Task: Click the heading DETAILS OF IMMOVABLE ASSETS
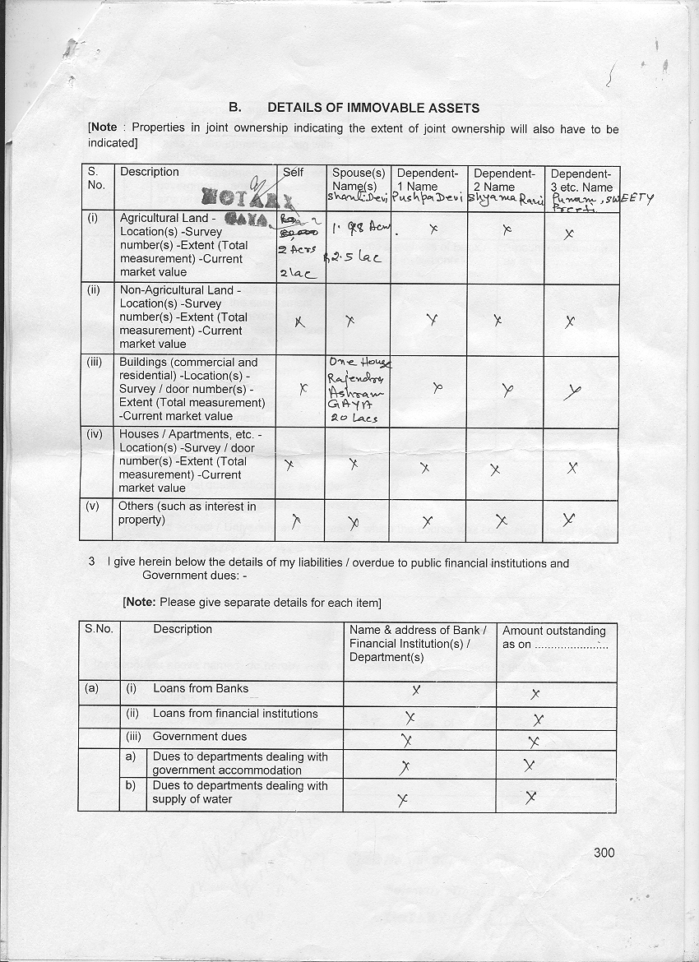[x=373, y=108]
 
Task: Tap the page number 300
[x=604, y=853]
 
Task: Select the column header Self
[x=293, y=172]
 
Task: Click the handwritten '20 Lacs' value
[x=353, y=418]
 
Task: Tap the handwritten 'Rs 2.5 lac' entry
[x=352, y=257]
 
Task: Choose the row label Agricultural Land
[x=167, y=218]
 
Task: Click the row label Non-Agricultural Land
[x=180, y=290]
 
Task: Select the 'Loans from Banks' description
[x=200, y=688]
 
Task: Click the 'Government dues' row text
[x=199, y=737]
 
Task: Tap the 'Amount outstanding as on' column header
[x=554, y=637]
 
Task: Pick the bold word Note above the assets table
[x=104, y=129]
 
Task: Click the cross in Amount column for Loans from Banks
[x=535, y=693]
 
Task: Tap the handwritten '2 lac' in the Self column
[x=291, y=274]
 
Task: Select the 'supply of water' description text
[x=192, y=799]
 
